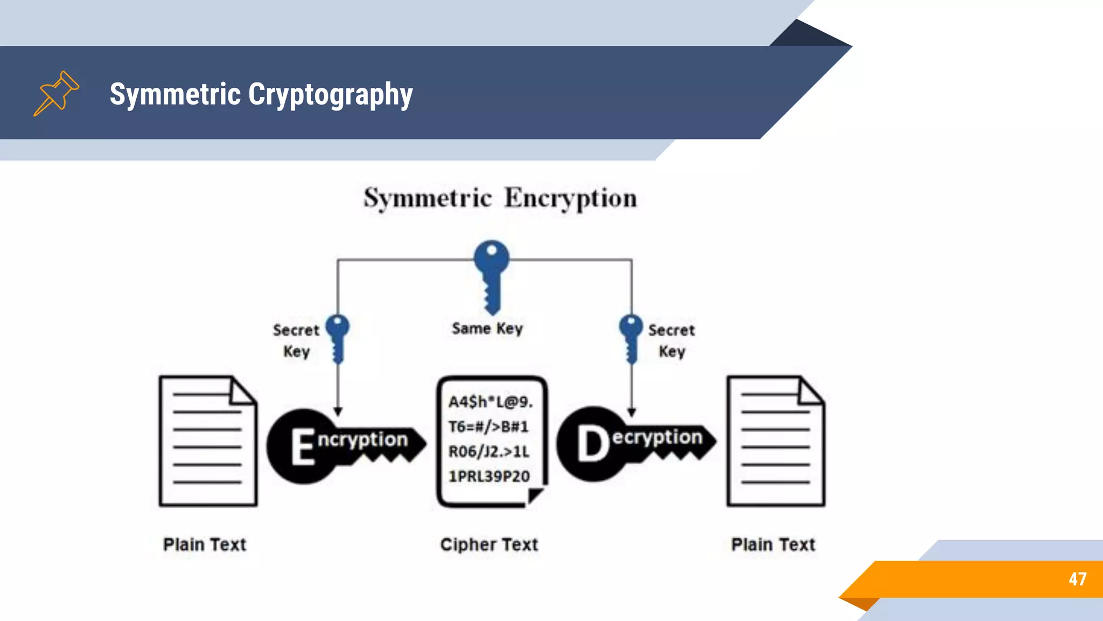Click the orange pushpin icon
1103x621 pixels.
[x=56, y=93]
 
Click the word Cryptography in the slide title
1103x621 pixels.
[x=330, y=95]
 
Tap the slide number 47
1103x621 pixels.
[x=1077, y=579]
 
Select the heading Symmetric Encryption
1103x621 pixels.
[x=500, y=198]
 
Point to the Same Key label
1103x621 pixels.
[x=487, y=328]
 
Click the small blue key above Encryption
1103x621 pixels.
[x=338, y=337]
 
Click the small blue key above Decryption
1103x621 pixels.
[x=631, y=337]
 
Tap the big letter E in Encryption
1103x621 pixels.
[x=303, y=446]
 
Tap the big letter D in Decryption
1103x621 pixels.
[x=592, y=444]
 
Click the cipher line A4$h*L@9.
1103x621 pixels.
[x=490, y=402]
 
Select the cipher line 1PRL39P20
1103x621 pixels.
[x=489, y=477]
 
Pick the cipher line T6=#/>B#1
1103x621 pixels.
[x=488, y=427]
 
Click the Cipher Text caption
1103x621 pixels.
[x=489, y=544]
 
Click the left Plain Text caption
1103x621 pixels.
[x=205, y=544]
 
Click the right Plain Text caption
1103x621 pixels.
[x=773, y=544]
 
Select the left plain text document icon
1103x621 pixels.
[x=207, y=441]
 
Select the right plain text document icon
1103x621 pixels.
[x=776, y=441]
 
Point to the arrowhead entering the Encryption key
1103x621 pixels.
[x=338, y=412]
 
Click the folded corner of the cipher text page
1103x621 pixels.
[x=535, y=495]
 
